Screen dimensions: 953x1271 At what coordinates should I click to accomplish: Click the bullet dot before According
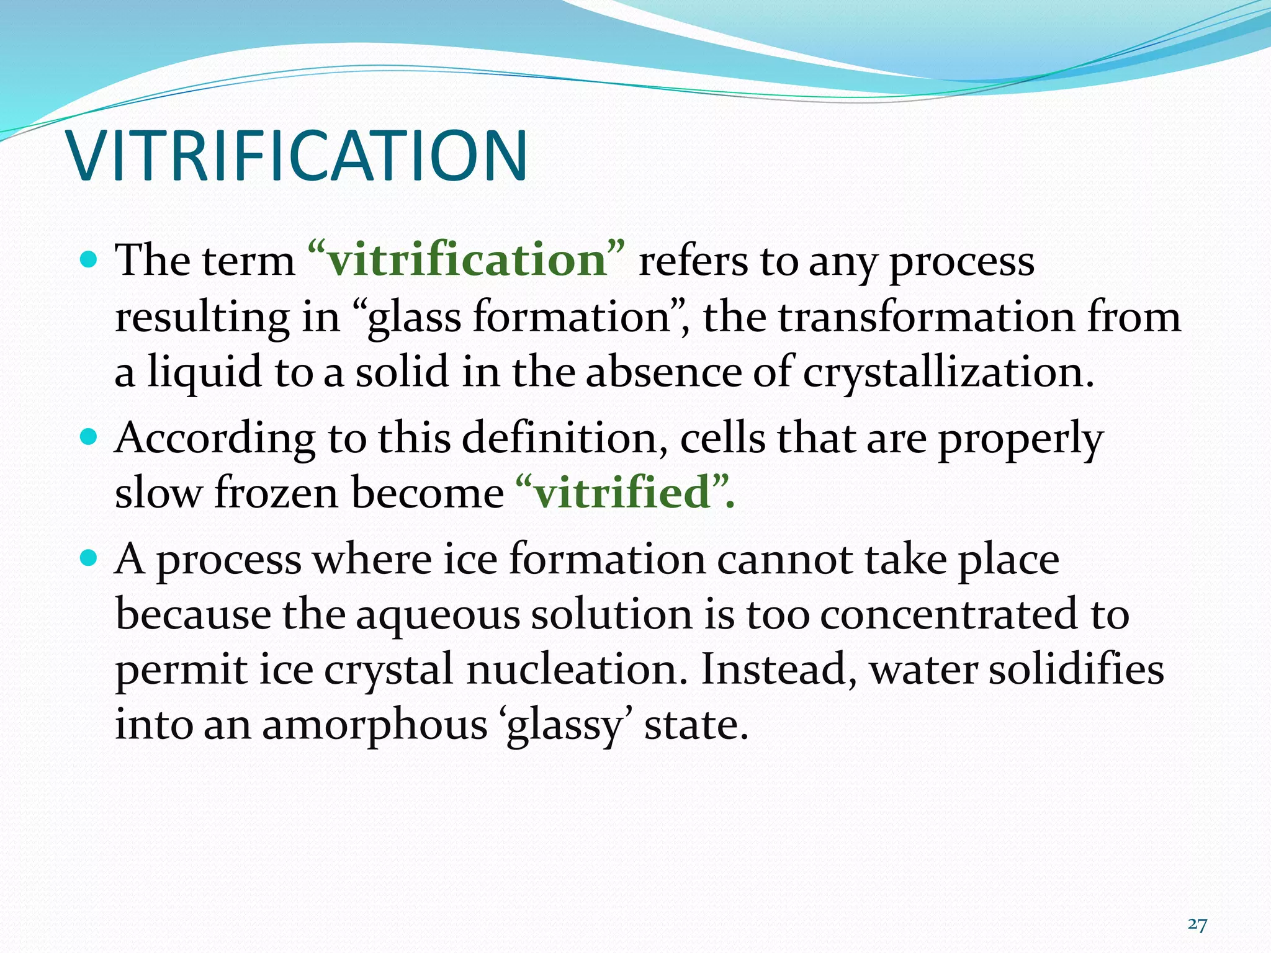point(89,437)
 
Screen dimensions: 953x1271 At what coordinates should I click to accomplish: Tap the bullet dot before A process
point(89,558)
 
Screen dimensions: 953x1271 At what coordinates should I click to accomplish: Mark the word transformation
point(926,317)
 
